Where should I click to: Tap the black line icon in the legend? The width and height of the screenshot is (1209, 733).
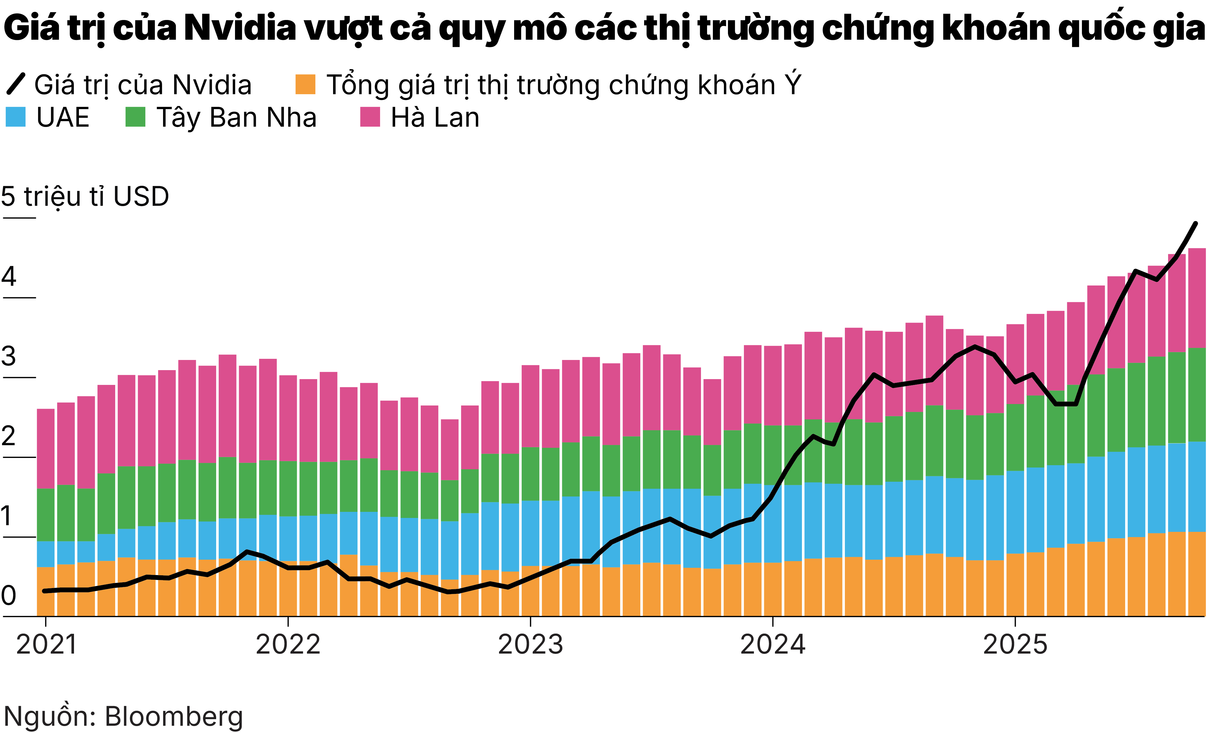tap(16, 84)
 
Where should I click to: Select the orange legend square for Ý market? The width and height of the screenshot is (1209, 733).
tap(305, 84)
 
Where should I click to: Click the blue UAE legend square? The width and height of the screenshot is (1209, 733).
tap(16, 117)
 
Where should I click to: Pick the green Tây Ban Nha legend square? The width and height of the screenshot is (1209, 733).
tap(135, 117)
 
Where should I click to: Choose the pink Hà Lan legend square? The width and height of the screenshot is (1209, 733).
tap(370, 117)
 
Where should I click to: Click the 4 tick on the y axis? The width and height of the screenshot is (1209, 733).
tap(9, 277)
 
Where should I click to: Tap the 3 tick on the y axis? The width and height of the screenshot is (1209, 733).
tap(9, 357)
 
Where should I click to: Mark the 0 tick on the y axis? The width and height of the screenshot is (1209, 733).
tap(9, 596)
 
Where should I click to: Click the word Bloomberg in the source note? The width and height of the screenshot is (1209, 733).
tap(174, 717)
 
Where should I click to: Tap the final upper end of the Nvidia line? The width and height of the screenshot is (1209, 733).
tap(1195, 223)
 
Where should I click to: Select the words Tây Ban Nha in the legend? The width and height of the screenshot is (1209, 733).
tap(236, 118)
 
